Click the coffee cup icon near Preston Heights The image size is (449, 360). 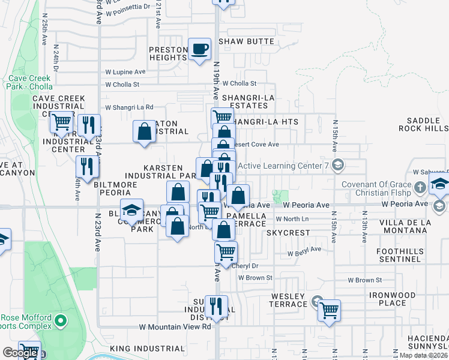(199, 49)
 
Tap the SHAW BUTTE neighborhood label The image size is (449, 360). (246, 41)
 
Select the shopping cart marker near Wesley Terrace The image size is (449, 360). (329, 311)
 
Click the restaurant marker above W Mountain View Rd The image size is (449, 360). (216, 306)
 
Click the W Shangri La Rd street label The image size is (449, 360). (129, 107)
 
